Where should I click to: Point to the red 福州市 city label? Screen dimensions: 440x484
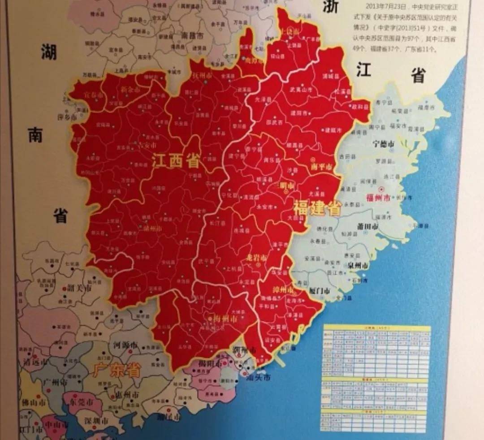click(x=378, y=198)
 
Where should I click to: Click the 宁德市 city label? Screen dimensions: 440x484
click(x=383, y=144)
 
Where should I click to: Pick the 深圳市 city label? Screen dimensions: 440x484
click(x=97, y=421)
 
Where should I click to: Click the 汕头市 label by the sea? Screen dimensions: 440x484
click(x=259, y=378)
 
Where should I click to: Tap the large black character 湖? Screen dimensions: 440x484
click(x=49, y=52)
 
